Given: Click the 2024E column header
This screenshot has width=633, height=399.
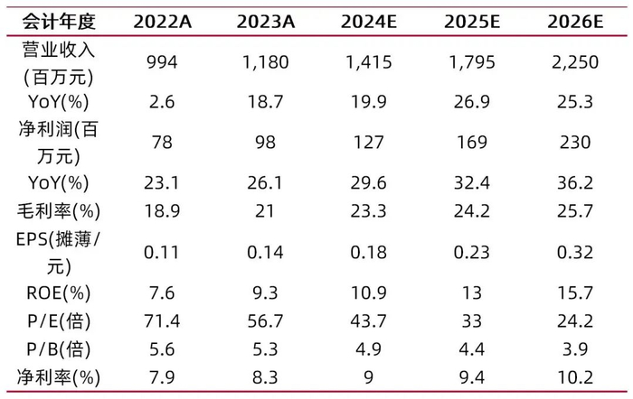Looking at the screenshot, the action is pos(369,22).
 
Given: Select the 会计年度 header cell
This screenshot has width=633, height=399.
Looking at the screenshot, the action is pos(59,22).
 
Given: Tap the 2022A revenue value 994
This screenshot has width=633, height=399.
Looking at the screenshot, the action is pos(162,62).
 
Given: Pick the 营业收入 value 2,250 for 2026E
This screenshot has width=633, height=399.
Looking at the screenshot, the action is pos(575,62).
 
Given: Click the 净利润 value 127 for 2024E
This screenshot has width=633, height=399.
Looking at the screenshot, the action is pos(369,143).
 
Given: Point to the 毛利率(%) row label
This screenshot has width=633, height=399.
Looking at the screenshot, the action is pos(59,211).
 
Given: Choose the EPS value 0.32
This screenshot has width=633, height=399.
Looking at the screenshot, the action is pos(575,252).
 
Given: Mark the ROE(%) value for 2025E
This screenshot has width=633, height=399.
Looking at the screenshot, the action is pos(472,292).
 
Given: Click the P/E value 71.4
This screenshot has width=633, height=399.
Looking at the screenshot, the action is pos(162,320).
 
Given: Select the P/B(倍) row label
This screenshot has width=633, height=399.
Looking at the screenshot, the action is pos(59,349).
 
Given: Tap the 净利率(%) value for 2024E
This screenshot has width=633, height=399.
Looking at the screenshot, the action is pos(369,377).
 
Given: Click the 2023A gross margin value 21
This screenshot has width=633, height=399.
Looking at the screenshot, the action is pos(265,211).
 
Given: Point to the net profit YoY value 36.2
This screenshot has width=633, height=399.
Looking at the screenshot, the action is pos(575,183).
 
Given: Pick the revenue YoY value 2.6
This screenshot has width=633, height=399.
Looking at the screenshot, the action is pos(162,102).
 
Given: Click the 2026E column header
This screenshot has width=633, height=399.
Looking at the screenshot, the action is pos(575,22).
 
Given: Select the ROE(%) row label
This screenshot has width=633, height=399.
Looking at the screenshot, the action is pos(59,293).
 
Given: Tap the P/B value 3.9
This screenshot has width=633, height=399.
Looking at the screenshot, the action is pos(575,349).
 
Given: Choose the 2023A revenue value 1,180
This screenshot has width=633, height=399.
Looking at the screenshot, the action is pos(265,62).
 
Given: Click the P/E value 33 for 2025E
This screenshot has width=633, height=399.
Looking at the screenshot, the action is pos(472,320).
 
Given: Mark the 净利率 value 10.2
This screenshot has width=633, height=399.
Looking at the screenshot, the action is pos(575,377).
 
